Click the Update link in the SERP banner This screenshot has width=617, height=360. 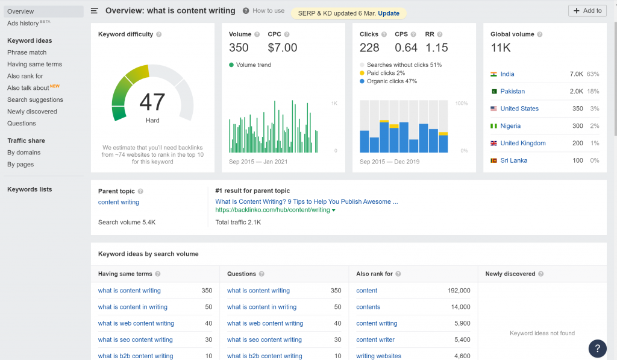click(389, 13)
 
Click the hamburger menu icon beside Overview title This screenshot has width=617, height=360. click(95, 11)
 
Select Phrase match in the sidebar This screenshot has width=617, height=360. click(27, 52)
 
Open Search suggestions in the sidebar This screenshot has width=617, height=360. click(35, 99)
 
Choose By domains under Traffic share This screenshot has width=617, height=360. click(23, 153)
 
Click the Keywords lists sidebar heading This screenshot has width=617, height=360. click(30, 189)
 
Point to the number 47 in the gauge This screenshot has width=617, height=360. click(152, 102)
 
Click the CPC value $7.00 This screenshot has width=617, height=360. click(283, 48)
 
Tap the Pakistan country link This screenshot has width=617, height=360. click(512, 92)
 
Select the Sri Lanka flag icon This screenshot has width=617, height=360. click(493, 160)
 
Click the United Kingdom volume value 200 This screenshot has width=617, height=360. click(578, 144)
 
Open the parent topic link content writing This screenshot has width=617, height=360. click(119, 202)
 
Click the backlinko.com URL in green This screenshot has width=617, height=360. click(272, 210)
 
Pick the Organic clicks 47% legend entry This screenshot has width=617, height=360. click(388, 81)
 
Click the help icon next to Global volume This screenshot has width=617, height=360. click(539, 34)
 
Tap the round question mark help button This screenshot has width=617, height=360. click(597, 348)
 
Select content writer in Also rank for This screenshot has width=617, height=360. click(375, 339)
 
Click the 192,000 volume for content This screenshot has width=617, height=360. click(459, 291)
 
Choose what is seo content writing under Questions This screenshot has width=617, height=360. click(265, 339)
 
